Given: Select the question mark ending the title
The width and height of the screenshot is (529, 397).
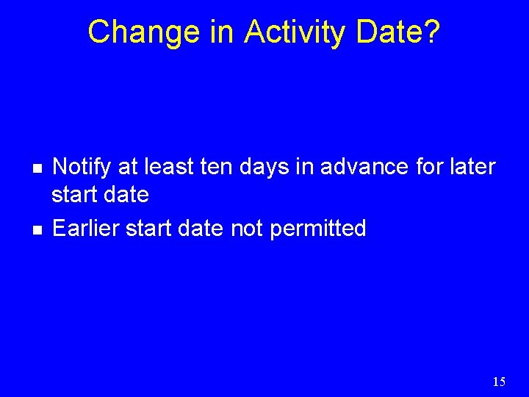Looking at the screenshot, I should [x=431, y=32].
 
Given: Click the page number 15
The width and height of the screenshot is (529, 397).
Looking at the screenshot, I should [x=499, y=382].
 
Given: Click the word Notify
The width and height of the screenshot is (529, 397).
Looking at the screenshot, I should [x=81, y=167].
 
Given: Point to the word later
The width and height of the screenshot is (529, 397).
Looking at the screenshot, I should [x=471, y=167].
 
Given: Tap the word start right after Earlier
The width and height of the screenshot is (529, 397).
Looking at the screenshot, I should [x=148, y=229].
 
